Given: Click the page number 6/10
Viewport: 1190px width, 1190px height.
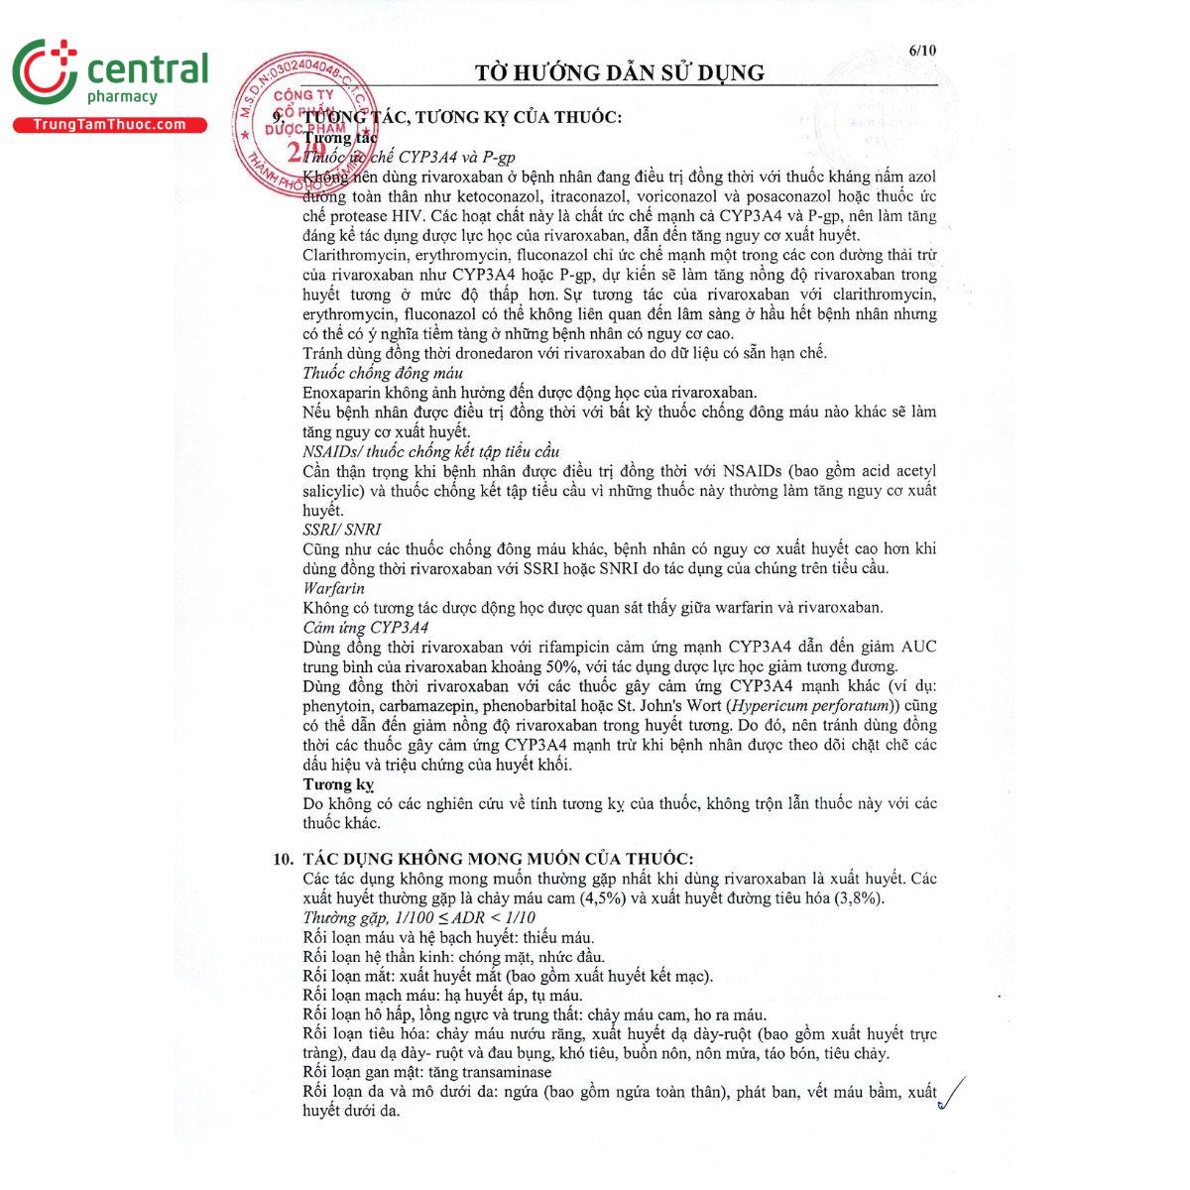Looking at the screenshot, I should pos(921,51).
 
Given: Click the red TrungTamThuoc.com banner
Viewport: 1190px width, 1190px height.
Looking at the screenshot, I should pos(109,125).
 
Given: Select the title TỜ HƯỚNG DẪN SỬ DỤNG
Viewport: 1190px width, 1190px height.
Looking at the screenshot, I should pos(620,72).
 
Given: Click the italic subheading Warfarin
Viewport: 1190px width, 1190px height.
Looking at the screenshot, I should pos(333,588).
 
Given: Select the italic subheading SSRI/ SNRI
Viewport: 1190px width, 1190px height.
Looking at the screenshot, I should pos(341,530).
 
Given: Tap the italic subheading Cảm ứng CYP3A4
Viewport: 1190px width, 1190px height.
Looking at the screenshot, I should pos(365,627).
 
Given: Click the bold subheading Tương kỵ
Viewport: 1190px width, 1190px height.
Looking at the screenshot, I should pos(338,784).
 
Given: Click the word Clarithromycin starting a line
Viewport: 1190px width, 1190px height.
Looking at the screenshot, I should pos(352,255).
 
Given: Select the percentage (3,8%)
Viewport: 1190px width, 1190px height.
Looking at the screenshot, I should pos(859,898).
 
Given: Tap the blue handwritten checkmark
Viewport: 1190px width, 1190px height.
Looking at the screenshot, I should pos(951,1092).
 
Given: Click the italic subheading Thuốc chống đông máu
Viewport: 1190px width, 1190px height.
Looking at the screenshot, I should pos(383,373).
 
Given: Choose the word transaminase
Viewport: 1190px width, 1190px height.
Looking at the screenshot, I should pos(505,1072).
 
